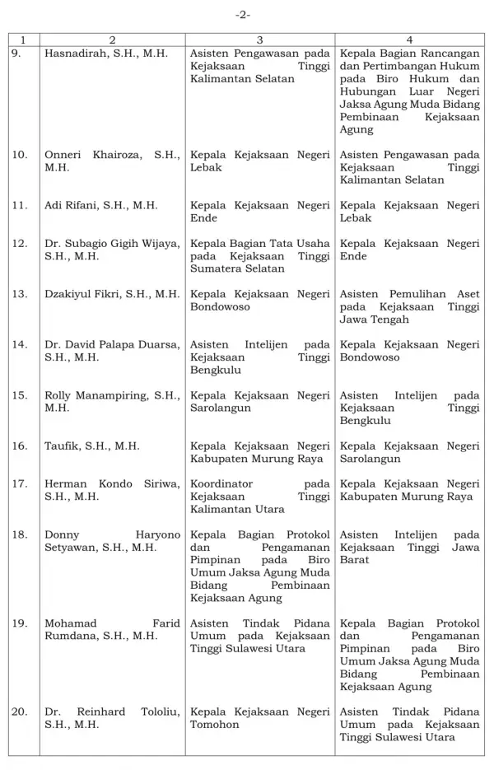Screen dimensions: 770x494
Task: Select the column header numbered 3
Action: [259, 40]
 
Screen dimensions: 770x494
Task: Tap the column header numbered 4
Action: [409, 40]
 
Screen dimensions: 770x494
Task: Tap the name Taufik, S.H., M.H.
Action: [91, 446]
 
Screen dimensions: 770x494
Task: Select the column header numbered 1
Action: [23, 40]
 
